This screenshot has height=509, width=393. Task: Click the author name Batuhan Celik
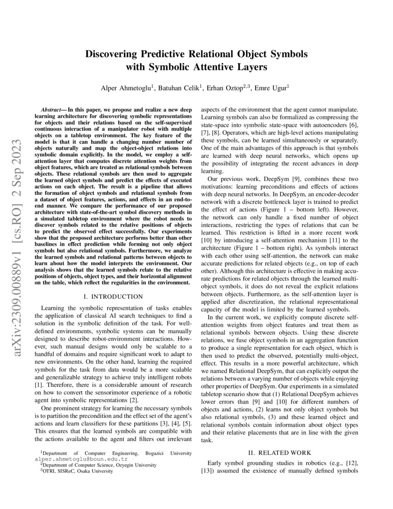tap(182, 88)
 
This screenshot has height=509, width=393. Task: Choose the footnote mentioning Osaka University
tap(76, 471)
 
